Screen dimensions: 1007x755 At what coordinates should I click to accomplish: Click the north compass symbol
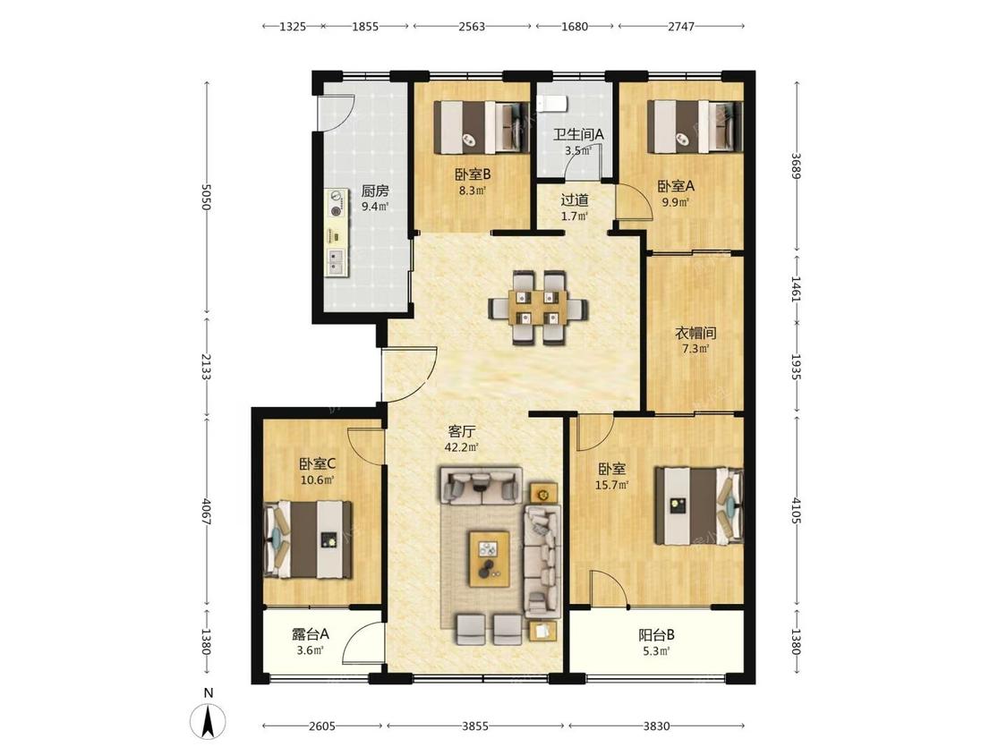(x=208, y=720)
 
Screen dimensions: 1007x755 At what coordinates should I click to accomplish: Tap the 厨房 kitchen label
(x=374, y=191)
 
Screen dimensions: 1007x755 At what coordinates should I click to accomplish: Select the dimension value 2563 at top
(x=472, y=26)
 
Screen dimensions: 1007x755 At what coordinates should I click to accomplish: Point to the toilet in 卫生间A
(x=550, y=102)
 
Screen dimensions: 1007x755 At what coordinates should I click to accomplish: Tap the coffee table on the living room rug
(x=490, y=558)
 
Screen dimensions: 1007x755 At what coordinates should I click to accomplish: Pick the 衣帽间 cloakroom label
(x=695, y=333)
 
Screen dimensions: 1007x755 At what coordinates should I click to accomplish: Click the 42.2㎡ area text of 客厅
(x=462, y=447)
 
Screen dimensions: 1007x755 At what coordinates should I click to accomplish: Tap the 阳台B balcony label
(x=656, y=635)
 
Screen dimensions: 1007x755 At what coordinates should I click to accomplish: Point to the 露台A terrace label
(x=311, y=634)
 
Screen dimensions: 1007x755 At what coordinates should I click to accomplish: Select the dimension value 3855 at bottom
(x=475, y=726)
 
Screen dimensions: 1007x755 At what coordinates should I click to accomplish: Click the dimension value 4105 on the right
(x=797, y=511)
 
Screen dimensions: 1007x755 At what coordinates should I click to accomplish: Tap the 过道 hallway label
(x=574, y=200)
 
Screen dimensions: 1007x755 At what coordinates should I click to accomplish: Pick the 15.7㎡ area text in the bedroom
(x=611, y=486)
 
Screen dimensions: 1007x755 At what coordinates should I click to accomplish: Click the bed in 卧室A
(x=695, y=127)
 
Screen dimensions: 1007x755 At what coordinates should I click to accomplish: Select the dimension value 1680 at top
(x=575, y=26)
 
